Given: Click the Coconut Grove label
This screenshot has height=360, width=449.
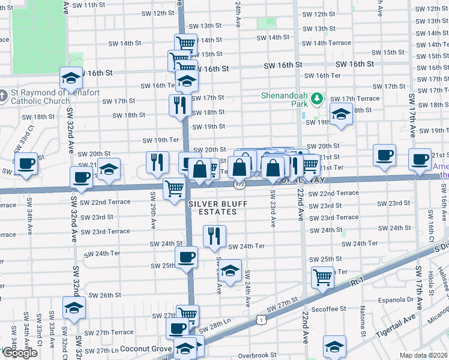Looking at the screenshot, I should click(x=146, y=349).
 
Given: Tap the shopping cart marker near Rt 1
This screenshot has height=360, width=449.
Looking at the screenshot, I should click(x=322, y=278).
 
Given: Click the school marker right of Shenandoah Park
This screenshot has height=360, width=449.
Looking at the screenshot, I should click(x=341, y=115).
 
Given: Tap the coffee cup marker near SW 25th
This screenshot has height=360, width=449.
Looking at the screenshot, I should click(x=185, y=257).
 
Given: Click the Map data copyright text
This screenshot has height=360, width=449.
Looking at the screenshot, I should click(x=423, y=355).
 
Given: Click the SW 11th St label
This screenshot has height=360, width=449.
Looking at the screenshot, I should click(x=89, y=5).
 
